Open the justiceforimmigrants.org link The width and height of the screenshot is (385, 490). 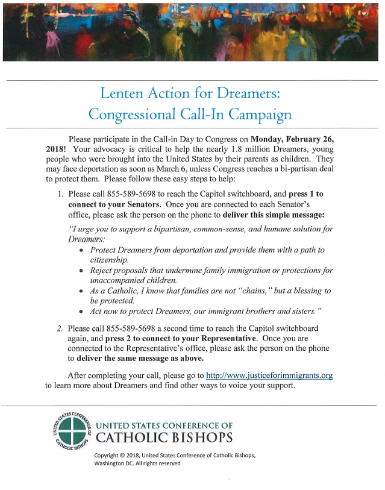click(269, 375)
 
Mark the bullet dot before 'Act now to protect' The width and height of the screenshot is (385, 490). click(82, 312)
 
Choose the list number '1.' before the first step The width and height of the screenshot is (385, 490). click(60, 195)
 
